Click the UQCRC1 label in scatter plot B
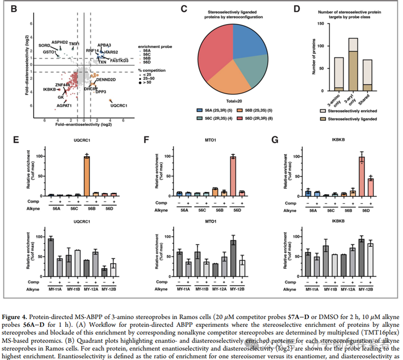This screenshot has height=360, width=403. [x=119, y=105]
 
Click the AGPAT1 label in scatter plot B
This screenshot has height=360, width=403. [x=64, y=106]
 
